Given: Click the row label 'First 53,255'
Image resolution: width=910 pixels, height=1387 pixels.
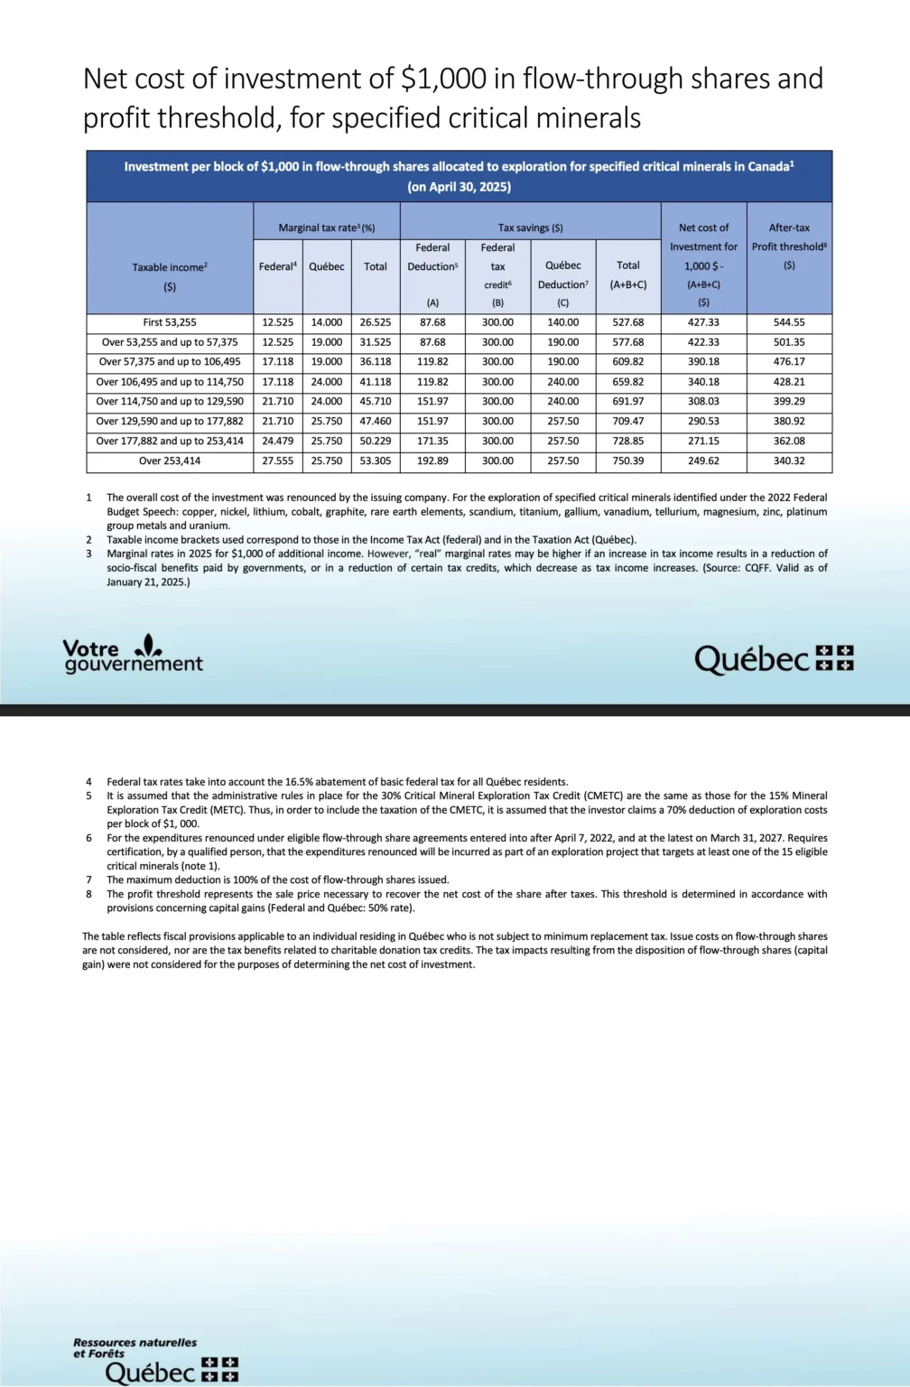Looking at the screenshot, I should point(170,322).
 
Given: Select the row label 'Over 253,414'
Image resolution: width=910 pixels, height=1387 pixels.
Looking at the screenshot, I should point(170,461).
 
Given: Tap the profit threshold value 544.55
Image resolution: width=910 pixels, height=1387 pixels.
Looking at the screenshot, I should point(789,322).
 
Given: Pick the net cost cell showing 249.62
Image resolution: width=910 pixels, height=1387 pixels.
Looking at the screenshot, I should point(703,461).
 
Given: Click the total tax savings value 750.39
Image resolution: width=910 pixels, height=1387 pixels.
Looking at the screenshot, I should point(628,461).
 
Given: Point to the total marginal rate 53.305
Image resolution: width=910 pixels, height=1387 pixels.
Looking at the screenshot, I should point(376,461).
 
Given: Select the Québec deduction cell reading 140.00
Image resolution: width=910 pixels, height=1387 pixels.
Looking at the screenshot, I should point(562,322).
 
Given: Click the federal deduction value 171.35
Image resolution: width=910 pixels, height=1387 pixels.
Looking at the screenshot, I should point(432,442).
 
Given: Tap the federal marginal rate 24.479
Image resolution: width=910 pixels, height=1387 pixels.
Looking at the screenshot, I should point(277,442).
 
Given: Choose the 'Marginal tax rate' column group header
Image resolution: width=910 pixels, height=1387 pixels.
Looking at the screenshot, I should point(326,228).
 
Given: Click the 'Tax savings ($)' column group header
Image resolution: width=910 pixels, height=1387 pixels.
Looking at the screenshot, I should point(530,228).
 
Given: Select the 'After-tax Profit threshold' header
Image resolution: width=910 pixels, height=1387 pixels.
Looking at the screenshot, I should point(789,237).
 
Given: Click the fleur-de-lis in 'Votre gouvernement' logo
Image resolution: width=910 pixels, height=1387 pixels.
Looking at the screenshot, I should point(148,646).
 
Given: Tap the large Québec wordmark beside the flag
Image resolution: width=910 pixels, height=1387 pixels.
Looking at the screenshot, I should point(751,660).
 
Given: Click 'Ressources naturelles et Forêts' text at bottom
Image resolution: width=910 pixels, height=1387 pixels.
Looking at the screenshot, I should point(135,1347).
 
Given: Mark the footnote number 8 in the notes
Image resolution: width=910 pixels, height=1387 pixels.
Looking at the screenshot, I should point(88,894).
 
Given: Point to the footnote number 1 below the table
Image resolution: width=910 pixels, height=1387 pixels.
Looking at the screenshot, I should point(88,498).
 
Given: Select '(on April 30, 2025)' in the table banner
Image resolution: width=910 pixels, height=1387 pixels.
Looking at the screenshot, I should point(459,187).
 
